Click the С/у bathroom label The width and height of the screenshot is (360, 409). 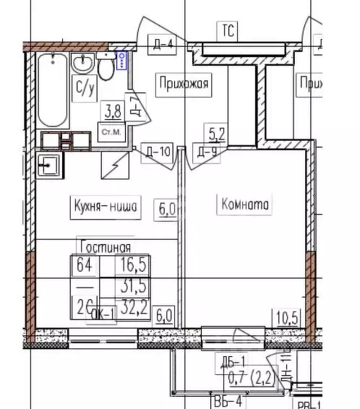[85, 88]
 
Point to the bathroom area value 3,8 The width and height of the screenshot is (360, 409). [113, 111]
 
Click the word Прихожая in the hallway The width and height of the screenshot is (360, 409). [182, 85]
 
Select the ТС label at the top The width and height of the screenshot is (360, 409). [228, 31]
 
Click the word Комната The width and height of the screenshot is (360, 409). [242, 204]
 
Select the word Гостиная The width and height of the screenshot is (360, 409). [105, 247]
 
